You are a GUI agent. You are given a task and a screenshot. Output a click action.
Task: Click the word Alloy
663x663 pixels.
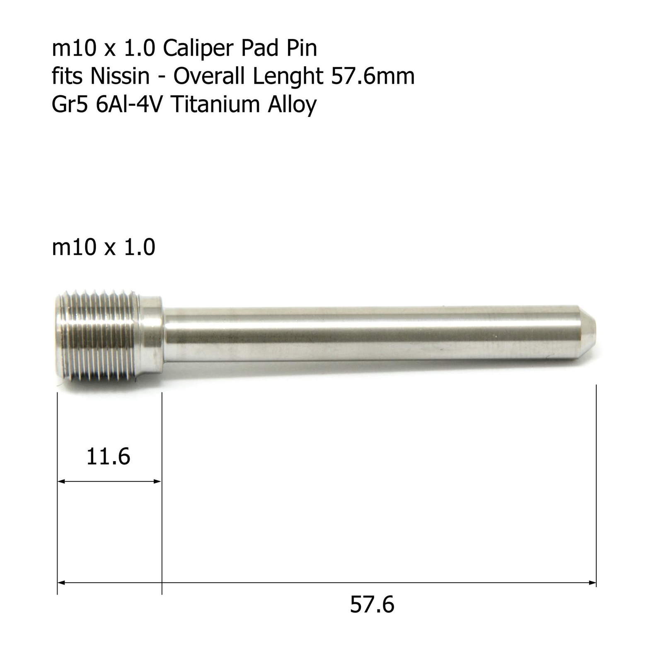coord(292,104)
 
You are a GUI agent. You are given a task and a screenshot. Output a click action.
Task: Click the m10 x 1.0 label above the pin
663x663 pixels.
coord(104,247)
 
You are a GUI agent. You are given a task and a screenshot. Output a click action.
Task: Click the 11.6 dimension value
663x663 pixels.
coord(108,457)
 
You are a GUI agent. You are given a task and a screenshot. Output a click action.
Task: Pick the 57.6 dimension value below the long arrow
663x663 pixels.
coord(372,604)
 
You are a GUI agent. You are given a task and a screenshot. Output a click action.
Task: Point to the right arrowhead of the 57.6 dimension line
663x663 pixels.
coord(593,583)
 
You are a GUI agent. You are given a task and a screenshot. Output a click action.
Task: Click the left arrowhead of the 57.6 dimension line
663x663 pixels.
coord(61,583)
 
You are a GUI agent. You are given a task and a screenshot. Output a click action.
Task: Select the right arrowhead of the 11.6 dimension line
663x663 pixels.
coord(157,481)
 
